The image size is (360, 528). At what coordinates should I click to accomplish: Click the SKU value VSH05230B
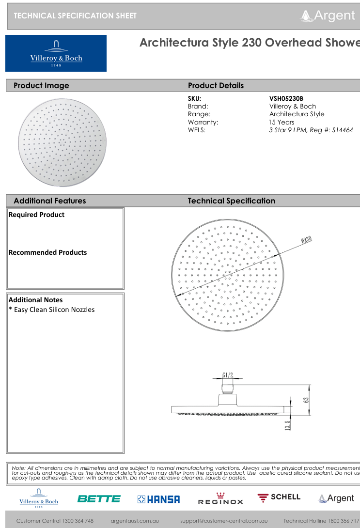286,98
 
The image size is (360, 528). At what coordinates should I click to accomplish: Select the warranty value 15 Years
282,122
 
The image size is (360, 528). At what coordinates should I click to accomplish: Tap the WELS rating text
311,130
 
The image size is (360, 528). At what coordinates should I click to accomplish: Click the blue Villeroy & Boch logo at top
56,53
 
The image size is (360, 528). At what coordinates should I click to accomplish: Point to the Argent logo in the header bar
328,16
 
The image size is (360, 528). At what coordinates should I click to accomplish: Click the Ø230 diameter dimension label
306,239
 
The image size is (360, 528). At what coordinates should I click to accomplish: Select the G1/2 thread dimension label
228,374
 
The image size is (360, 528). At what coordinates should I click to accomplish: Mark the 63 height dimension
306,400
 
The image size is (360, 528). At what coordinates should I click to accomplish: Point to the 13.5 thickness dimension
288,425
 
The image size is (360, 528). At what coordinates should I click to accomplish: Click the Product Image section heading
41,86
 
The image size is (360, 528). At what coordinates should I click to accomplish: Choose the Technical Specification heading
231,201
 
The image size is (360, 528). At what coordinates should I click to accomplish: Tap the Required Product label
36,215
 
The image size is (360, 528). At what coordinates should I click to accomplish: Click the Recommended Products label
47,252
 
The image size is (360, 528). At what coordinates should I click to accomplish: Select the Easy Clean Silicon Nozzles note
52,310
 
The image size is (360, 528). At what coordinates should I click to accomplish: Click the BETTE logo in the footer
99,498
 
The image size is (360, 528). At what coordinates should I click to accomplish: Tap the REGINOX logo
220,499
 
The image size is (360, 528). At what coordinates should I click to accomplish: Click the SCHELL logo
279,497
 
